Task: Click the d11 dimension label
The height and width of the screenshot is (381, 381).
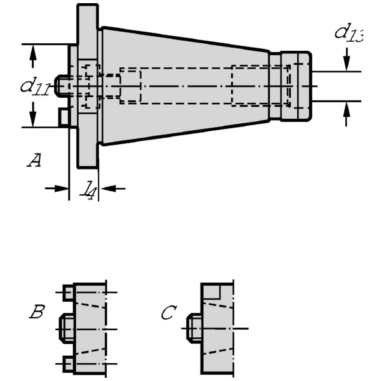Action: point(36,86)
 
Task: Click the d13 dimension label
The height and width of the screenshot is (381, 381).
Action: point(349,32)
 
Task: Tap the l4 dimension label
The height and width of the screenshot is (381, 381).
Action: point(88,189)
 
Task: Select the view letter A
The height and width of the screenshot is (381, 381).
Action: point(34,160)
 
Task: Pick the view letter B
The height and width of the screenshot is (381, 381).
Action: point(37,312)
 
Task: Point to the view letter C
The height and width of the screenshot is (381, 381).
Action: point(169,312)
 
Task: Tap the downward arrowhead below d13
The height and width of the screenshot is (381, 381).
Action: point(347,63)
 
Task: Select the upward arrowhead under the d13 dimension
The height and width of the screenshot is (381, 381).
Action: point(347,109)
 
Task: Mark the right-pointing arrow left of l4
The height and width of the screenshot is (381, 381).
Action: point(57,189)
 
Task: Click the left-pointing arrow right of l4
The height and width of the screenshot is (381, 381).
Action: point(113,189)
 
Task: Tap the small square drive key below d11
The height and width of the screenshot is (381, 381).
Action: point(64,117)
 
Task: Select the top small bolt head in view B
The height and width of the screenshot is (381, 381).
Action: point(68,292)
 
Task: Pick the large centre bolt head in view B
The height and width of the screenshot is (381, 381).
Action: point(67,328)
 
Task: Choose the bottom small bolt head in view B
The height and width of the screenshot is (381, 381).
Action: point(68,364)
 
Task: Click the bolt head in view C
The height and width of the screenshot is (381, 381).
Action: point(194,328)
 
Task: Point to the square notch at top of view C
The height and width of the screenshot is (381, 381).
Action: point(211,291)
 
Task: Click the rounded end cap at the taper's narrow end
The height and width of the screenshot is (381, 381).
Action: point(296,86)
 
